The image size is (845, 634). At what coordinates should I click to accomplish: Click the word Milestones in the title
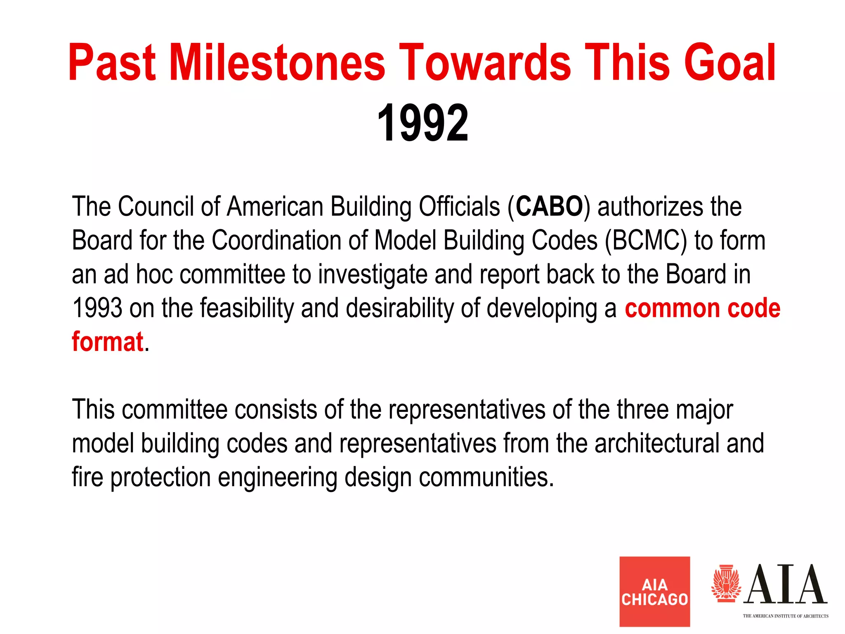pos(277,63)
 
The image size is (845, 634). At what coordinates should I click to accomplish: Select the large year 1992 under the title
pos(422,123)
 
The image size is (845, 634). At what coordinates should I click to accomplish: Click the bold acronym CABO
pos(549,206)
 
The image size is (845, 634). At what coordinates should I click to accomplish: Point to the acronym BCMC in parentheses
pos(646,240)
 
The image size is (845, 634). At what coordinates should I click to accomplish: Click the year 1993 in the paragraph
pos(97,308)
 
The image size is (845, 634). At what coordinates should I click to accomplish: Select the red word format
pos(107,342)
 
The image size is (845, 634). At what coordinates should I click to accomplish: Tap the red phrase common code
pos(702,308)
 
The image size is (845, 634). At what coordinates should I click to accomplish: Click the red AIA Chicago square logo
pos(654,591)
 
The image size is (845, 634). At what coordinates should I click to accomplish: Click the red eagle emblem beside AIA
pos(726,584)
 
